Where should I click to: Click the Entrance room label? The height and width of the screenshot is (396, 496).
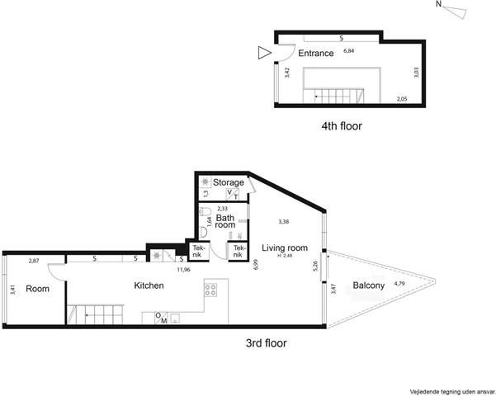click(316, 53)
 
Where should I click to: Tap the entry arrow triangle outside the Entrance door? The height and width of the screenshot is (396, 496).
click(264, 53)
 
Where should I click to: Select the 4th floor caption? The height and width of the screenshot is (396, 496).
click(342, 126)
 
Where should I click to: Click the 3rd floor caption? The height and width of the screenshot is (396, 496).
click(267, 343)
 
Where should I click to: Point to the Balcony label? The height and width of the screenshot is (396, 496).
click(369, 285)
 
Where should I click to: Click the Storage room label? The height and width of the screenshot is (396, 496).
click(228, 182)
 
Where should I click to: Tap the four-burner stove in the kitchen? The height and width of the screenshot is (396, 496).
click(210, 290)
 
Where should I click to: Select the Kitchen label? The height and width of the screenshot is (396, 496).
click(149, 285)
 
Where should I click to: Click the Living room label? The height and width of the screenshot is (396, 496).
click(285, 248)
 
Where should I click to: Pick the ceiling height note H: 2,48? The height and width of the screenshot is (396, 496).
click(285, 256)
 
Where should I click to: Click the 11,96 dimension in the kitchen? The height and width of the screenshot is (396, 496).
click(183, 270)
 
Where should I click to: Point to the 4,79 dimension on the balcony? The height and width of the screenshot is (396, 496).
click(399, 284)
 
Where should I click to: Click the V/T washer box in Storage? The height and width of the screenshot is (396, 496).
click(233, 194)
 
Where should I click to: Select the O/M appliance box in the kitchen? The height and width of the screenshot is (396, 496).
click(161, 318)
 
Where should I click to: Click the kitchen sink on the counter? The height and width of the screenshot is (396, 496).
click(175, 318)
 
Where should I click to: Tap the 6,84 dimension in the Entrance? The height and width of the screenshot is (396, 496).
click(348, 51)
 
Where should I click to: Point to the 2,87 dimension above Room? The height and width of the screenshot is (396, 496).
click(34, 261)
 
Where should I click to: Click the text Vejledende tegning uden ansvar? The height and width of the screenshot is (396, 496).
click(452, 392)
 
